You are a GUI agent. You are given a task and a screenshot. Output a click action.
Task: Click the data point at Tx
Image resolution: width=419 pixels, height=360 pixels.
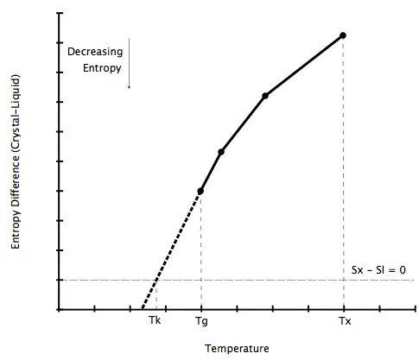coord(343,35)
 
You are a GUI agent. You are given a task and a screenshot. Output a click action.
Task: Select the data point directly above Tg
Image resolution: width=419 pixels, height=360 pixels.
coord(200,191)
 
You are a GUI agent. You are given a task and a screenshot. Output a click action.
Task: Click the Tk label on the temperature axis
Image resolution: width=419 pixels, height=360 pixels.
coord(155,320)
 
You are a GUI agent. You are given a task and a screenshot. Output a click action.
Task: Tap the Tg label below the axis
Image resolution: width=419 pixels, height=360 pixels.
coord(201,321)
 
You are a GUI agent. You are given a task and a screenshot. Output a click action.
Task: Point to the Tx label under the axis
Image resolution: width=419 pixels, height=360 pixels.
coord(345,320)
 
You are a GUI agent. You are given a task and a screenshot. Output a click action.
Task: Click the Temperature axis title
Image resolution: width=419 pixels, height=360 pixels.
coord(237,349)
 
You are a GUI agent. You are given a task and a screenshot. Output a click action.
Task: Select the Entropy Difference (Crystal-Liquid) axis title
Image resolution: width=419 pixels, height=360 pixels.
coord(16,161)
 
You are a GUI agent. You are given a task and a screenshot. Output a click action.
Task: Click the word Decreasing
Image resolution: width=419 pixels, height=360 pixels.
coord(95,52)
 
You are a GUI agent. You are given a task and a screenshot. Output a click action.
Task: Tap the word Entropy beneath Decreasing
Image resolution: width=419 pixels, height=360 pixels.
coord(102,68)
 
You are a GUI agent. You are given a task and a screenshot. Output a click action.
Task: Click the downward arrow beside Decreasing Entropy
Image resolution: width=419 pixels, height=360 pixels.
coord(130,63)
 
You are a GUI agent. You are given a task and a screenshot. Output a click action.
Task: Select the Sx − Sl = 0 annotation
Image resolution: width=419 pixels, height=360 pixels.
coord(378,270)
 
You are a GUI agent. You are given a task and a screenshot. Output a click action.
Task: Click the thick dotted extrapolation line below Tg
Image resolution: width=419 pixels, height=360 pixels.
coord(171,250)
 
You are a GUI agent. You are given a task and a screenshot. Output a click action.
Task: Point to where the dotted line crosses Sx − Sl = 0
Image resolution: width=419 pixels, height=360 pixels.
coord(156,280)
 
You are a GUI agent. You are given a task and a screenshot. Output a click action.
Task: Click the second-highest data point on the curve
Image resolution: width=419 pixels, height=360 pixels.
coord(265,96)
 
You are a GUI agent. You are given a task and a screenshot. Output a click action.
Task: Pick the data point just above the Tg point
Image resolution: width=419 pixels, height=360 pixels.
coord(221,152)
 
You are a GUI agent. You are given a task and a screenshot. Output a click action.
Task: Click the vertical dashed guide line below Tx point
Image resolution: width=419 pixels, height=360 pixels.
coord(343,173)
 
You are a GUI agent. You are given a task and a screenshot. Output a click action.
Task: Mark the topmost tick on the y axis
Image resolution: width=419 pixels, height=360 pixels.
coord(60,13)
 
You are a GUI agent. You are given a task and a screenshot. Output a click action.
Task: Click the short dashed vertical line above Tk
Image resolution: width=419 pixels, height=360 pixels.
coord(156,294)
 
